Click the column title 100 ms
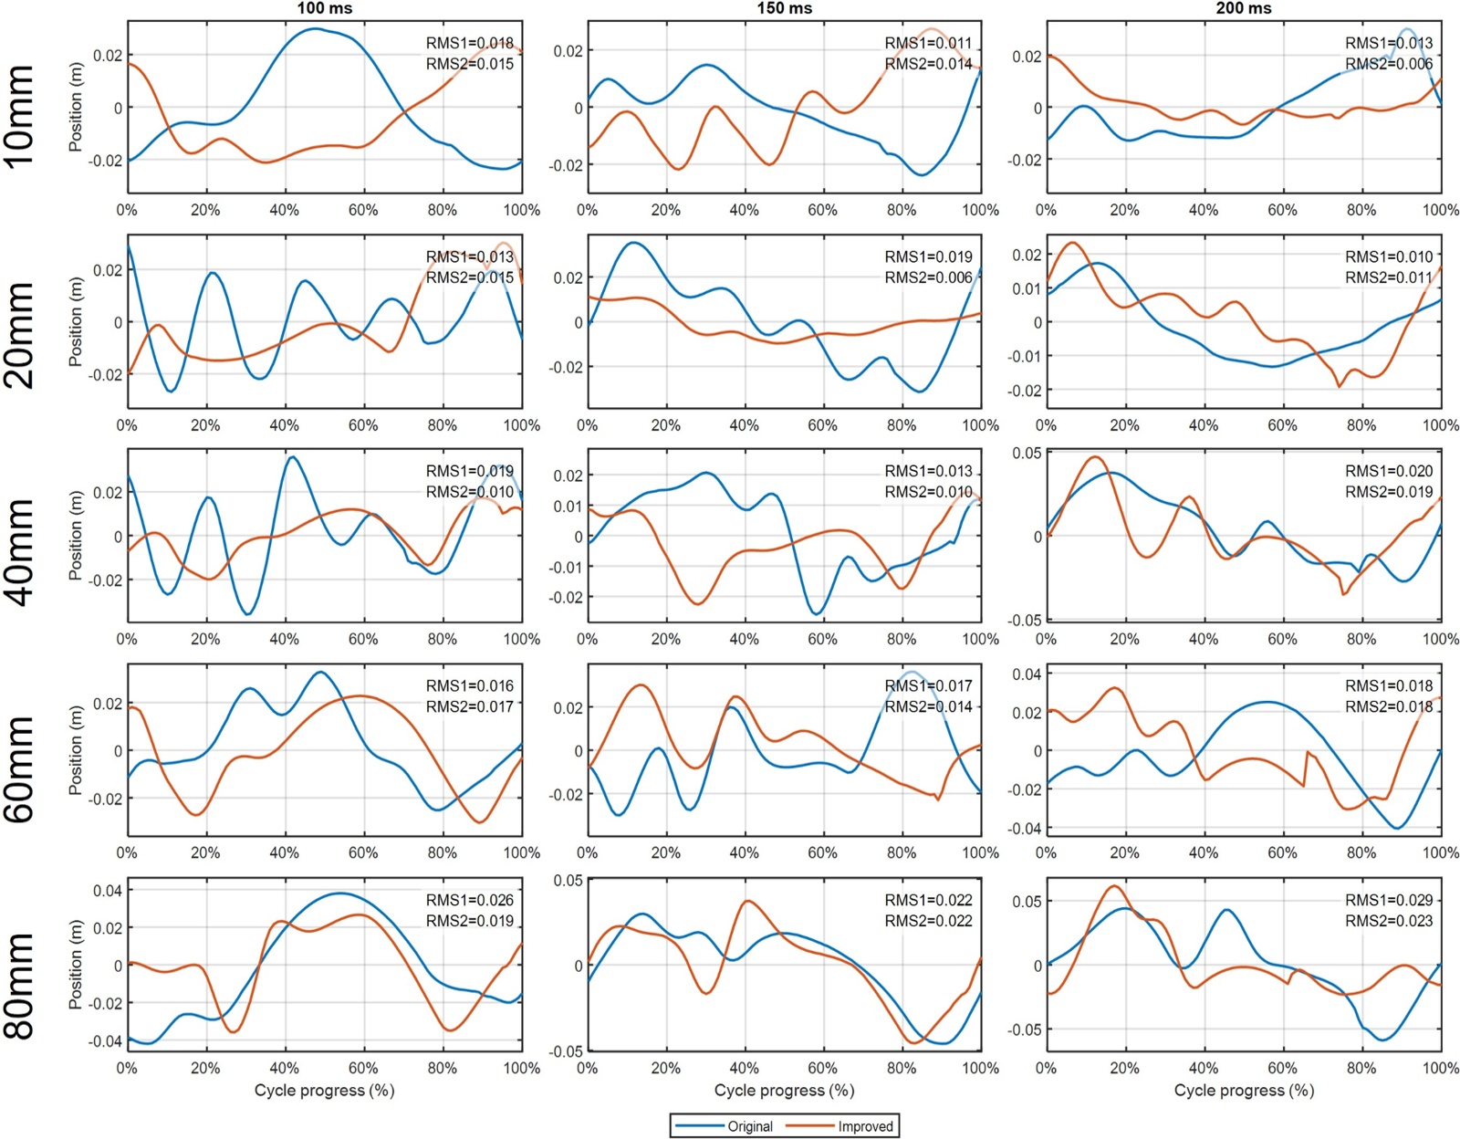tap(325, 8)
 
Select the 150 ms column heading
tap(784, 8)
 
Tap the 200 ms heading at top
tap(1244, 8)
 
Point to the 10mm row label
tap(20, 116)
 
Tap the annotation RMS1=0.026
tap(469, 900)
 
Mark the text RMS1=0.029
tap(1388, 900)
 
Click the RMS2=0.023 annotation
tap(1388, 921)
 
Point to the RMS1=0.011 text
tap(928, 43)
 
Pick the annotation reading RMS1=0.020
tap(1388, 471)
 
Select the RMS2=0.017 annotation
tap(469, 706)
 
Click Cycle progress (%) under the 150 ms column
tap(784, 1090)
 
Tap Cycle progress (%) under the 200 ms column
tap(1244, 1090)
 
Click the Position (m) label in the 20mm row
tap(76, 322)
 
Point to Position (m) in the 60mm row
tap(76, 750)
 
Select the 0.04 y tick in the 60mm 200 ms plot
tap(1027, 674)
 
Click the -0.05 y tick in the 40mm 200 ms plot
tap(1025, 621)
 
